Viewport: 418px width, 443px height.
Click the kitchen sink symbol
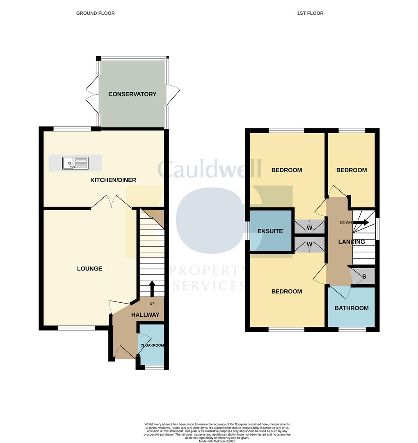coord(75,163)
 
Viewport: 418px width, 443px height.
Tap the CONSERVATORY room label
coord(132,94)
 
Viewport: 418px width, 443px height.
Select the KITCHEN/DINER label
coord(114,180)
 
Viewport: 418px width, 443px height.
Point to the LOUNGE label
coord(89,269)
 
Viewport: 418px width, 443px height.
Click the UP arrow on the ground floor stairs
coord(152,288)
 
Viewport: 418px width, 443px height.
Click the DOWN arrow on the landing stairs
coord(361,222)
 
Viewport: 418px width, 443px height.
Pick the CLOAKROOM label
coord(152,345)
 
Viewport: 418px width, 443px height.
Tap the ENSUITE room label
coord(270,231)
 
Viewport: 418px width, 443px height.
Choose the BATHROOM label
coord(352,308)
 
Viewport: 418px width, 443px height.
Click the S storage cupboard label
coord(364,276)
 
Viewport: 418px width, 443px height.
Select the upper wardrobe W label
coord(309,228)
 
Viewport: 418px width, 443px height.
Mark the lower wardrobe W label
coord(309,244)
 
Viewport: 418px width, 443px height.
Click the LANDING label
coord(352,242)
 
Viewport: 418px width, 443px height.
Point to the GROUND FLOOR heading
coord(95,13)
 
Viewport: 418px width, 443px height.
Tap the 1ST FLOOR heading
coord(310,13)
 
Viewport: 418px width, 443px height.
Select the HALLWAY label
coord(145,315)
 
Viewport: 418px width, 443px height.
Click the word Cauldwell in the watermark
coord(209,169)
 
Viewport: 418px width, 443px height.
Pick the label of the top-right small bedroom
coord(352,170)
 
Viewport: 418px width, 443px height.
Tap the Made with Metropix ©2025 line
coord(217,441)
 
